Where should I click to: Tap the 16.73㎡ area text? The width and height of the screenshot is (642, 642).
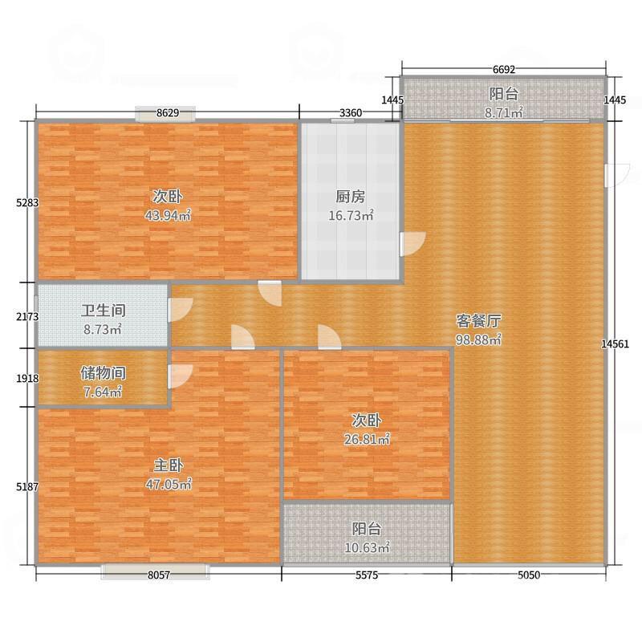tap(351, 215)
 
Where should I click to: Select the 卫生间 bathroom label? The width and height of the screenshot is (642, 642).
tap(103, 311)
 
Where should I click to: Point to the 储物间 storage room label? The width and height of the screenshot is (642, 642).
tap(103, 373)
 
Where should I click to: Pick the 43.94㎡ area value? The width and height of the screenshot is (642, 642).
tap(168, 215)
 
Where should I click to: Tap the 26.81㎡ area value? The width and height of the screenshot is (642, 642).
tap(367, 439)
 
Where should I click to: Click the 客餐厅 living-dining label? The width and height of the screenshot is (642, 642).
tap(478, 320)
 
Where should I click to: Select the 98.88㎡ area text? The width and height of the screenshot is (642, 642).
tap(478, 339)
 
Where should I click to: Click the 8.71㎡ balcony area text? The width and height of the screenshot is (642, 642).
tap(503, 113)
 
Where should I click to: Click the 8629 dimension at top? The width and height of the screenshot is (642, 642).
tap(167, 113)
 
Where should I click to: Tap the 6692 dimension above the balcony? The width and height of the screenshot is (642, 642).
tap(503, 69)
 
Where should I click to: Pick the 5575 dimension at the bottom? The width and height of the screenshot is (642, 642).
tap(367, 575)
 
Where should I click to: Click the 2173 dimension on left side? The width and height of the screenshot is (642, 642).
tap(27, 316)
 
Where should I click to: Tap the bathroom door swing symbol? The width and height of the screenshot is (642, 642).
tap(179, 309)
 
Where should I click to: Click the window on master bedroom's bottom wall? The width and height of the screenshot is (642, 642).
tap(155, 571)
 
